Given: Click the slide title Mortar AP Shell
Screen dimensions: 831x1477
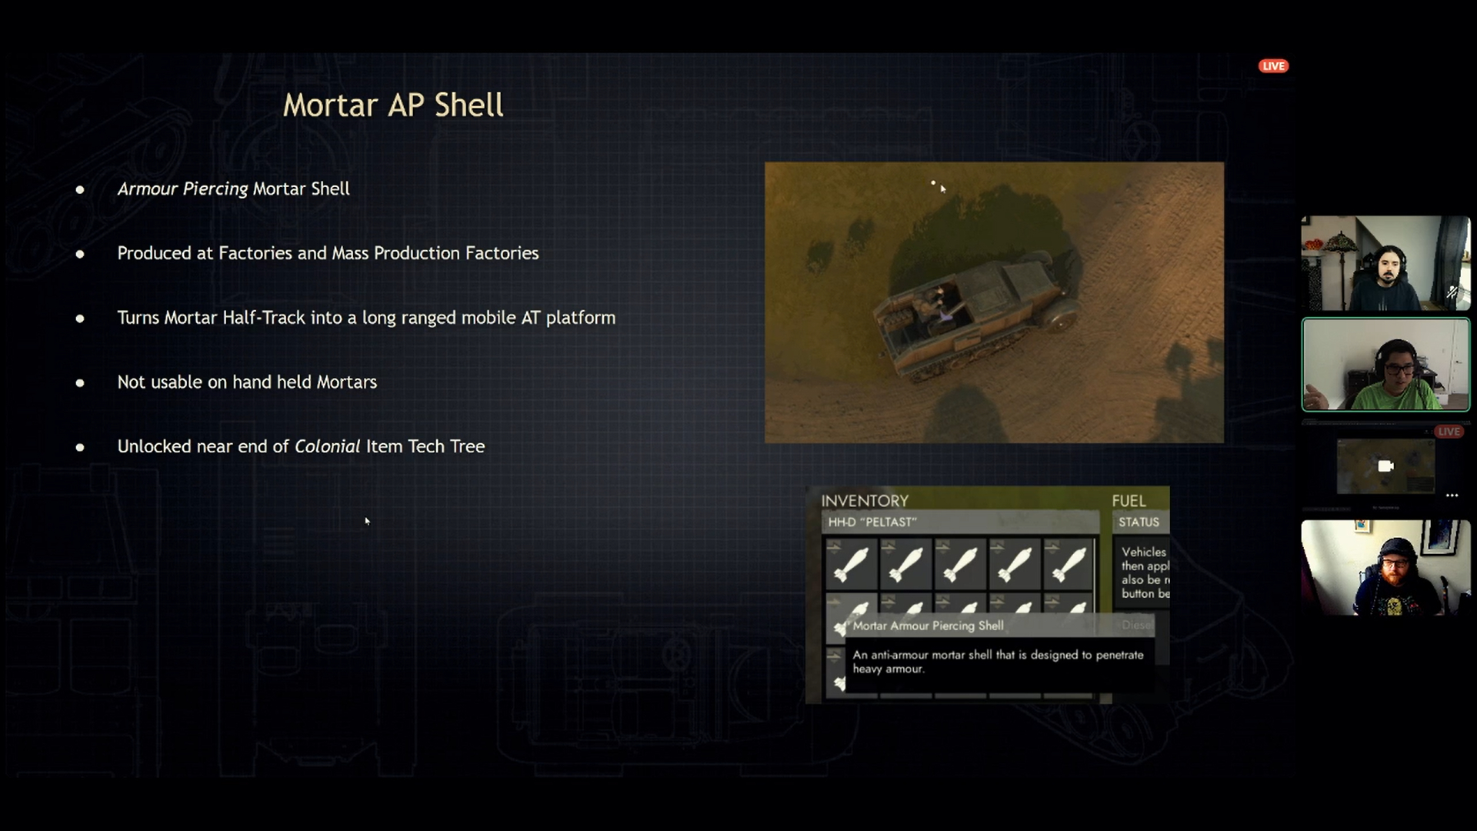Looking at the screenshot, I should click(393, 105).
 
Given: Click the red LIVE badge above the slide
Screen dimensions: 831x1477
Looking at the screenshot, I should click(1273, 66).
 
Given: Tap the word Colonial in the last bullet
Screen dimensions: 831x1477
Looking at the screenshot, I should click(327, 446).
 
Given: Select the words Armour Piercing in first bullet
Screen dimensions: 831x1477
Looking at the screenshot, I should click(182, 189).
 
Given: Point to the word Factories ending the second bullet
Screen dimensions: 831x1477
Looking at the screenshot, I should click(502, 253).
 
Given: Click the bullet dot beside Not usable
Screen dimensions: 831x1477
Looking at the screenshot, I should click(80, 382).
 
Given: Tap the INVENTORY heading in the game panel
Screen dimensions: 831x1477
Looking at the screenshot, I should click(865, 501).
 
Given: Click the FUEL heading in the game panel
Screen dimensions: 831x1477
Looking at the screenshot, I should click(1129, 501).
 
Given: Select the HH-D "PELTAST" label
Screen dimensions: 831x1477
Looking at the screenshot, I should click(872, 522).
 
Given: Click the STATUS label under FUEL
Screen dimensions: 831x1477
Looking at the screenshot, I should click(1139, 522).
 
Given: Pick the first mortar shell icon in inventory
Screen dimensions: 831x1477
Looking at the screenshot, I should click(851, 564).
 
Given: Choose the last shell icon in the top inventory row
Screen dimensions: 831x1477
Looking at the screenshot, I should click(1069, 564).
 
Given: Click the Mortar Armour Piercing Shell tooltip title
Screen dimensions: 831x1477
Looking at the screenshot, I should click(928, 626).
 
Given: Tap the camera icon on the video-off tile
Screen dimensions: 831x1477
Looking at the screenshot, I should click(1385, 466).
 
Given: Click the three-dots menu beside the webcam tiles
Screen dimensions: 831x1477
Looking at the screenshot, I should click(1452, 496).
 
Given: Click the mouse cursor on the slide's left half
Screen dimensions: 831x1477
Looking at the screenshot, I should click(367, 521).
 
